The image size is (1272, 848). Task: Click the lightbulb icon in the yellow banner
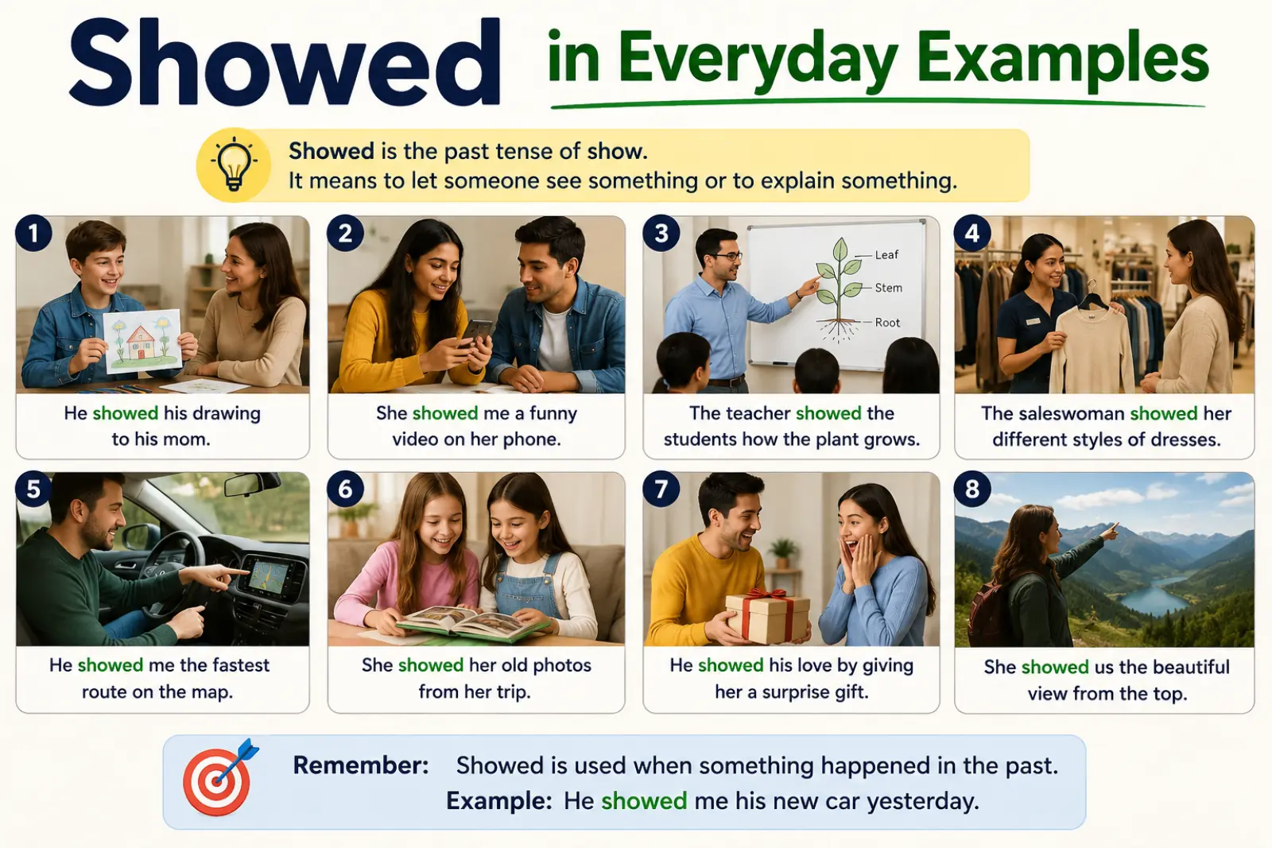(x=234, y=165)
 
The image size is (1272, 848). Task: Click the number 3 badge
(x=661, y=234)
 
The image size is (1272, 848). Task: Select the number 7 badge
(x=661, y=489)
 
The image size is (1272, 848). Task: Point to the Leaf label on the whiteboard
(x=886, y=255)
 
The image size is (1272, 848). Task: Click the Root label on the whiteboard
(x=887, y=323)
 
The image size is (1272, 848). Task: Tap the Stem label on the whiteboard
(x=888, y=288)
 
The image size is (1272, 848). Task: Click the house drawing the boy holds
(x=142, y=341)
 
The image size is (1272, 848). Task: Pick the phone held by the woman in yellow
(x=477, y=333)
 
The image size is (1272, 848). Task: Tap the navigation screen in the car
(x=268, y=575)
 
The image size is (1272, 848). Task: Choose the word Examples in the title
(x=1062, y=60)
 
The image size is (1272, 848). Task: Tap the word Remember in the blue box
(x=360, y=765)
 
